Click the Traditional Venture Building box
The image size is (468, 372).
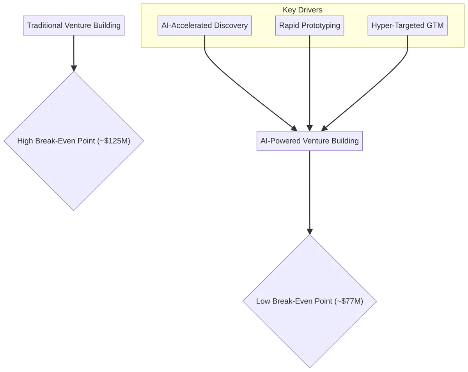73,26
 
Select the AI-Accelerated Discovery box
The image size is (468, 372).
204,26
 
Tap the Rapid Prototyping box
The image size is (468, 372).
309,26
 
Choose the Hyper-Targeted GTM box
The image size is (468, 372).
407,26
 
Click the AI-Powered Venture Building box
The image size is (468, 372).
309,141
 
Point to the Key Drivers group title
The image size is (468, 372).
302,10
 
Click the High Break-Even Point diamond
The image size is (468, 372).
73,163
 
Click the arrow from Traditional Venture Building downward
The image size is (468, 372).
74,53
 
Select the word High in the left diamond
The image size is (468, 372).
25,141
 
